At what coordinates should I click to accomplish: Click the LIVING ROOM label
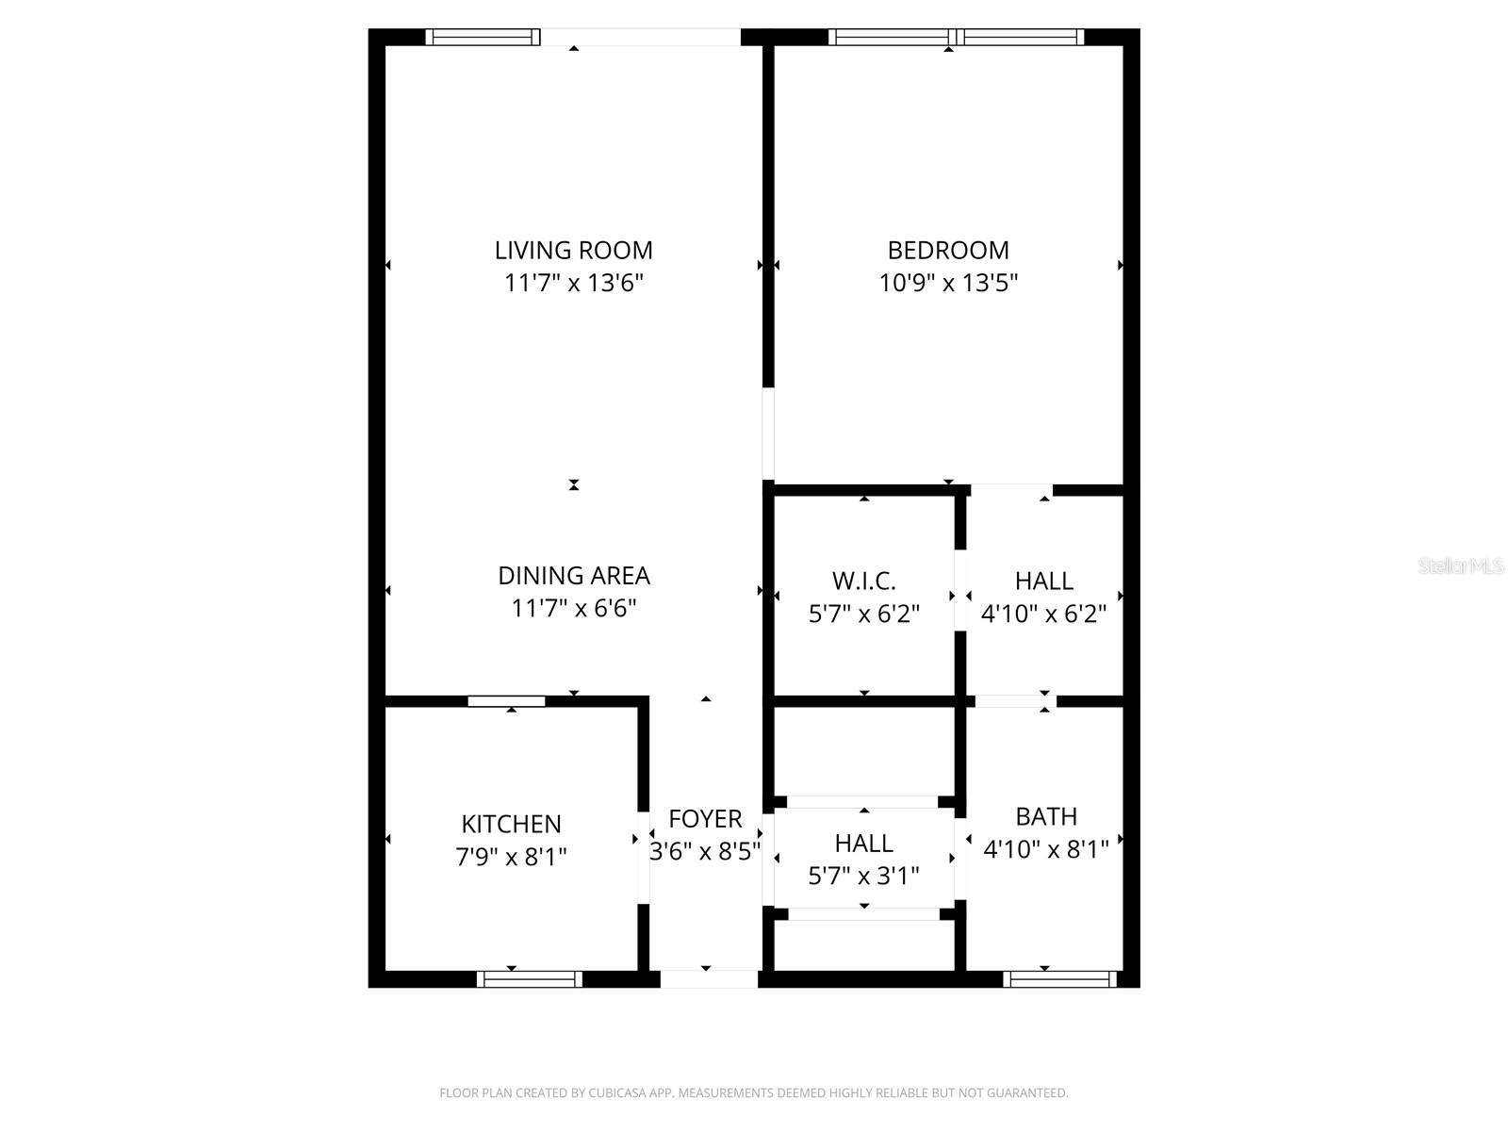click(573, 250)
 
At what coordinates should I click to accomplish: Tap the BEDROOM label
click(948, 250)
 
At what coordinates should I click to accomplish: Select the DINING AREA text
click(573, 575)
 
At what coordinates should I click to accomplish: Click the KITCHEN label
click(511, 824)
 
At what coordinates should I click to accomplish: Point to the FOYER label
click(705, 818)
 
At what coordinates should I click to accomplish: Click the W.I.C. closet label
click(863, 581)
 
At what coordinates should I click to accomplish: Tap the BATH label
click(1045, 816)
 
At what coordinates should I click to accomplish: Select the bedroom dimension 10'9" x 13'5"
click(948, 283)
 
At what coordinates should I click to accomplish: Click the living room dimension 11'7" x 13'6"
click(573, 283)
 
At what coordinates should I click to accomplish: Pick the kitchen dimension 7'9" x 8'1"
click(511, 857)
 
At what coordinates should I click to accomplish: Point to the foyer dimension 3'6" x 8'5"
click(705, 852)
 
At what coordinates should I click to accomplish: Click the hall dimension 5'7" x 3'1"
click(863, 876)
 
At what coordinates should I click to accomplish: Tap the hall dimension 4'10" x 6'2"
click(1043, 615)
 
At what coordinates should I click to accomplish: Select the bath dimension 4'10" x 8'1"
click(1045, 849)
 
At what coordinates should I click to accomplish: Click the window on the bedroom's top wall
click(956, 38)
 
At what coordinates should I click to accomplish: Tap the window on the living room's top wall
click(483, 38)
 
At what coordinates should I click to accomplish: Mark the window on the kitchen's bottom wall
click(529, 979)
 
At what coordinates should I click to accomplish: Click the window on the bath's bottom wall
click(1059, 979)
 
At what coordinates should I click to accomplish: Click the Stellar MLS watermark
click(1461, 566)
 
